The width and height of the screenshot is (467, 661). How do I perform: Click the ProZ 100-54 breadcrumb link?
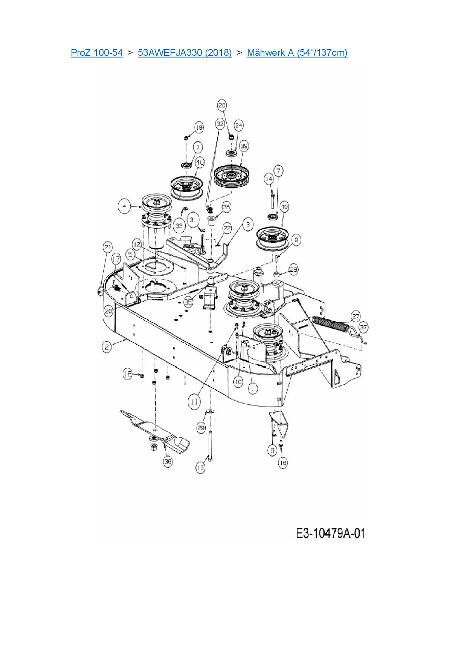pos(96,52)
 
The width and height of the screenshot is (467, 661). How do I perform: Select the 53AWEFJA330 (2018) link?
pos(185,52)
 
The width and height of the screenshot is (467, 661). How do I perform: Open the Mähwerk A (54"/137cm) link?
pos(297,52)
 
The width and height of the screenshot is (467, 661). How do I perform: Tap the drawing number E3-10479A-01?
pos(330,533)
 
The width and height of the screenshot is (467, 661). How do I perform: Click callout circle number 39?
pos(244,147)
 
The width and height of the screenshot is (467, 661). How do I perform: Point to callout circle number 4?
pos(124,206)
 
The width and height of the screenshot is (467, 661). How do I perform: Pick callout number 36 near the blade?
pos(168,461)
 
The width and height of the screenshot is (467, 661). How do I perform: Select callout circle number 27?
pos(356,316)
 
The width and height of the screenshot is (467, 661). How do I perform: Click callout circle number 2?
pos(107,347)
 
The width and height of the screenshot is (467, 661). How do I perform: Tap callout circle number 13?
pos(200,468)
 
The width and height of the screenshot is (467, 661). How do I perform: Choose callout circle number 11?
pos(194,402)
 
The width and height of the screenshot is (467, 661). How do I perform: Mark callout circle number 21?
pos(108,247)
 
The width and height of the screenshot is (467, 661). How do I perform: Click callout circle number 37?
pos(363,327)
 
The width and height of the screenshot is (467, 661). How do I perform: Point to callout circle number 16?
pos(282,462)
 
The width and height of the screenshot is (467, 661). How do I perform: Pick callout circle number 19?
pos(199,127)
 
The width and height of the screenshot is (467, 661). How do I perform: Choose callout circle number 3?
pos(248,225)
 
